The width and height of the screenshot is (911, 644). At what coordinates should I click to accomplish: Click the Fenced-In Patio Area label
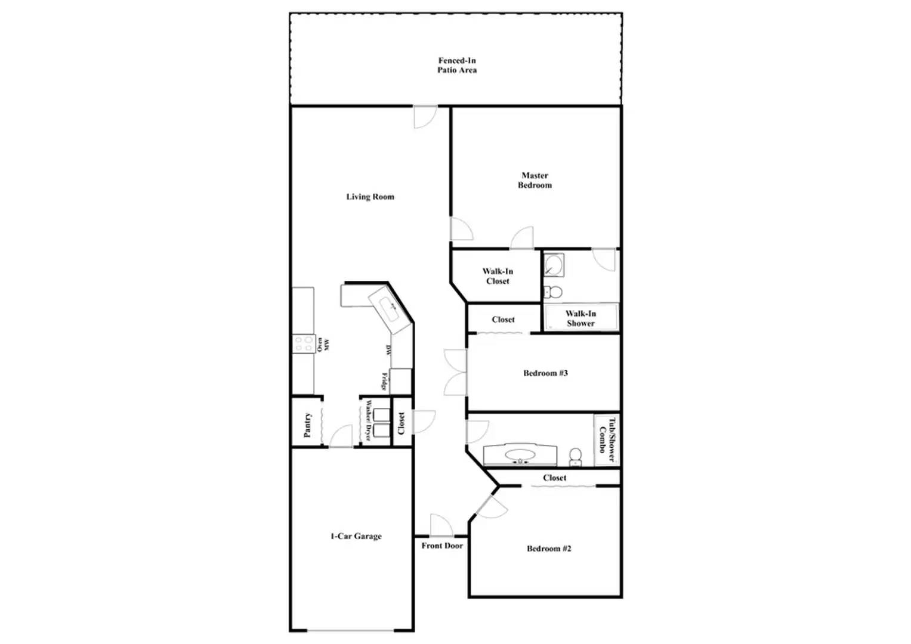[x=456, y=65]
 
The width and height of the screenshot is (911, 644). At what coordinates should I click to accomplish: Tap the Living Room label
[x=370, y=197]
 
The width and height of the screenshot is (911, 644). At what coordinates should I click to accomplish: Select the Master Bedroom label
[x=535, y=180]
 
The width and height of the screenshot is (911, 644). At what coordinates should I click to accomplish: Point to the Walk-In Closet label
[x=498, y=276]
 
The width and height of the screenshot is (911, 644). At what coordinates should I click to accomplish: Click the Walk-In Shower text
[x=580, y=318]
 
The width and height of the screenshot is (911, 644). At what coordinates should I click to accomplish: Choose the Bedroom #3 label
[x=545, y=373]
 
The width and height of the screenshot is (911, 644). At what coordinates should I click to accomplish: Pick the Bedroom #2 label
[x=549, y=549]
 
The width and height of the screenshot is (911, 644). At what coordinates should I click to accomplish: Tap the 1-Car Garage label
[x=356, y=536]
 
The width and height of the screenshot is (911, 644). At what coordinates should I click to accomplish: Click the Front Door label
[x=442, y=546]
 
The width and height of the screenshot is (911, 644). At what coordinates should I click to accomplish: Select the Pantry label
[x=308, y=425]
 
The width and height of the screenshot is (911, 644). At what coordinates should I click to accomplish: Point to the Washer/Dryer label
[x=368, y=421]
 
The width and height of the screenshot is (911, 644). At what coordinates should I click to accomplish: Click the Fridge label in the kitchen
[x=385, y=382]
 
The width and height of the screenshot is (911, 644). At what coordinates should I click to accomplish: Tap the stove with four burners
[x=304, y=343]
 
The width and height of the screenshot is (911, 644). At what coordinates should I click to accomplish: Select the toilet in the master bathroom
[x=554, y=292]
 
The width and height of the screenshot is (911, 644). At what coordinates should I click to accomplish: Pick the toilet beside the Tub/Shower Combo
[x=576, y=456]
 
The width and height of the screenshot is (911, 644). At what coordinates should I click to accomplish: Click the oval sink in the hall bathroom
[x=520, y=456]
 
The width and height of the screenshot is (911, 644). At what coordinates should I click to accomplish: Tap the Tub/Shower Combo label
[x=607, y=439]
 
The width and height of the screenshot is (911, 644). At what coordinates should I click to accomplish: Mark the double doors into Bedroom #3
[x=455, y=373]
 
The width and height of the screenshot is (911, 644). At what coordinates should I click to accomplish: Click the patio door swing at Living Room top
[x=425, y=116]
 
